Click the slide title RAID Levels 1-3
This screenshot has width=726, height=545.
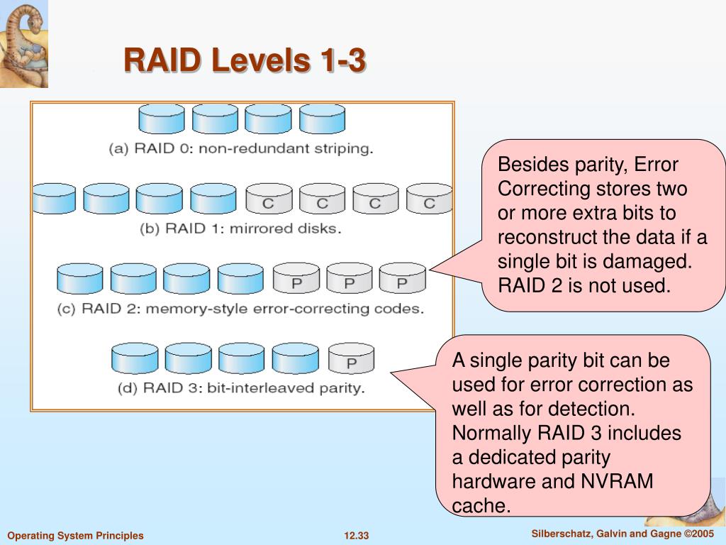tap(245, 60)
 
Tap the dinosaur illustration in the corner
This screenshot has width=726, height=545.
tap(23, 43)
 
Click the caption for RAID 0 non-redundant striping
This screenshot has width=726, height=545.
tap(241, 149)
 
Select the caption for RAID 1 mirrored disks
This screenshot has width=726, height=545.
tap(240, 229)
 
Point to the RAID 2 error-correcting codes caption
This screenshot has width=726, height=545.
tap(240, 309)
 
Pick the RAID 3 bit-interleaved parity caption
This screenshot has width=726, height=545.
tap(241, 388)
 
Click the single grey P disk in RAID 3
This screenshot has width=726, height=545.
tap(351, 358)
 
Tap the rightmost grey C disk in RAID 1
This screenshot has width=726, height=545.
tap(429, 199)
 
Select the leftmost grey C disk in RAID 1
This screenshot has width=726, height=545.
tap(269, 199)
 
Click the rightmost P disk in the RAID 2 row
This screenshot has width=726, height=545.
tap(403, 278)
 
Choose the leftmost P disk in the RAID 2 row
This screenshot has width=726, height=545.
tap(296, 278)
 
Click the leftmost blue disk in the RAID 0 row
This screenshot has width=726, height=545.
tap(162, 119)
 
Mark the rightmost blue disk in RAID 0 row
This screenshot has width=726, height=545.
tap(323, 119)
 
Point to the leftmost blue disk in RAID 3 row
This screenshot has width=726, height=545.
tap(135, 358)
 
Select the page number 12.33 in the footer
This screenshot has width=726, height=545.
tap(357, 536)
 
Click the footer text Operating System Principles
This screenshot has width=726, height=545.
tap(75, 536)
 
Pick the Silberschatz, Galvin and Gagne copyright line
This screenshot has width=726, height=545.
tap(622, 534)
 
